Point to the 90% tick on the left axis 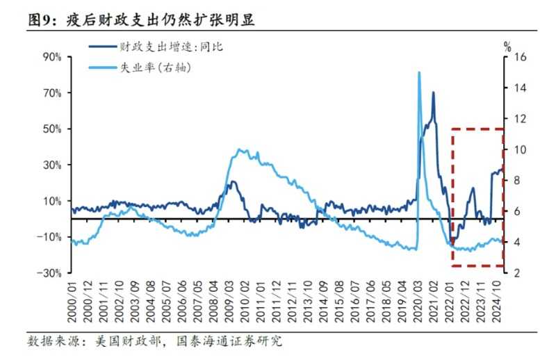coord(53,57)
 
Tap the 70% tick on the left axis coord(53,93)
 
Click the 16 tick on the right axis coord(518,57)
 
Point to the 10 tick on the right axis coord(518,149)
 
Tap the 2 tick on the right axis coord(515,273)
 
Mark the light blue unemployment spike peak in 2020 coord(419,72)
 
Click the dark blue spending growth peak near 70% coord(434,92)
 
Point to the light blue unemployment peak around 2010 coord(240,149)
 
